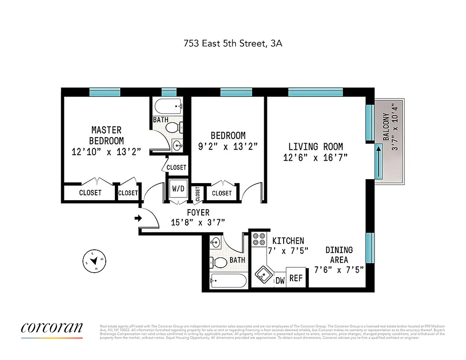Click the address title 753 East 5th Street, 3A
(x=233, y=44)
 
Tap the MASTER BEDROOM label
(x=106, y=135)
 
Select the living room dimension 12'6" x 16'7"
(x=315, y=157)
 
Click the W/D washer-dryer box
(x=178, y=189)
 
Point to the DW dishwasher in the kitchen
(x=280, y=280)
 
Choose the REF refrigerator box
(x=296, y=279)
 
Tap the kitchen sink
(x=262, y=274)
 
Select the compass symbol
(x=95, y=260)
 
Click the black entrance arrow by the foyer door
(x=138, y=219)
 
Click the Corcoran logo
(x=52, y=328)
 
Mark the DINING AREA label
(x=339, y=255)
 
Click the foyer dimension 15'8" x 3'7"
(x=198, y=221)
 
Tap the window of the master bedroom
(x=105, y=92)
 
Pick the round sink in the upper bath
(x=177, y=145)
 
